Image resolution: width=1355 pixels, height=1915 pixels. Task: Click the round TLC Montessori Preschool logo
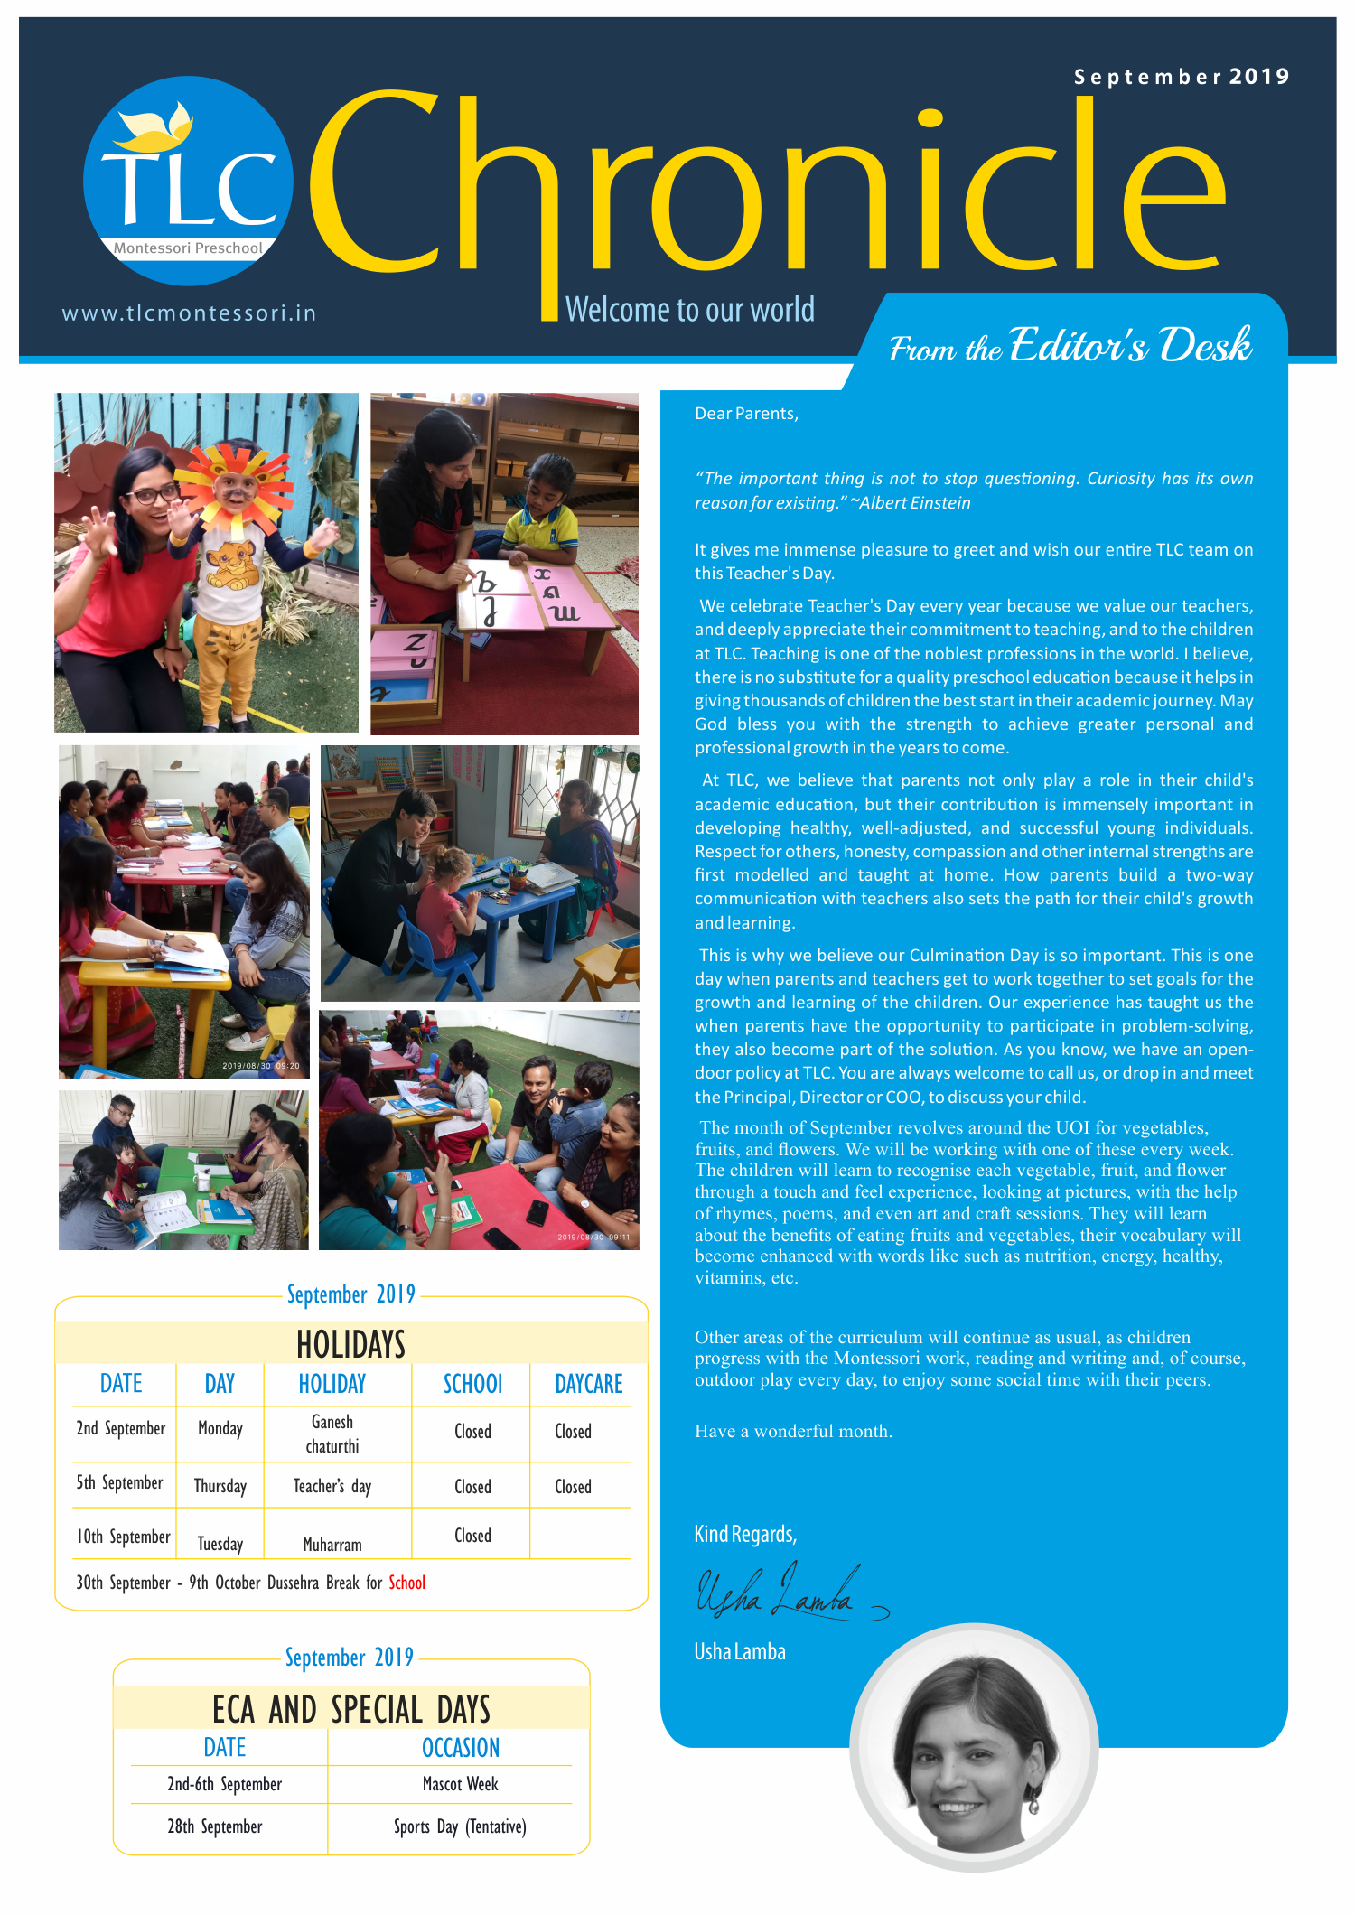pos(188,181)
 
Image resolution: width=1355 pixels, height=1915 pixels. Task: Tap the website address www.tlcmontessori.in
pos(189,313)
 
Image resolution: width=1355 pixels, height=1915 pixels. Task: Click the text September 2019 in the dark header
pos(1181,77)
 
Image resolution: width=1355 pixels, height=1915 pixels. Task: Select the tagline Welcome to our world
pos(689,310)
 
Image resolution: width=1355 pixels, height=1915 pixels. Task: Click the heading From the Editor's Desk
pos(1070,346)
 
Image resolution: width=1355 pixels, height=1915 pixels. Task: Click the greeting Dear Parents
pos(746,414)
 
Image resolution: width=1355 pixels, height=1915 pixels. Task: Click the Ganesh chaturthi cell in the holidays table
pos(332,1434)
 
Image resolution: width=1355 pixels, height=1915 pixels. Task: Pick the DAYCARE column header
pos(588,1384)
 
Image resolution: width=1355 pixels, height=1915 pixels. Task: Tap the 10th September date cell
pos(123,1537)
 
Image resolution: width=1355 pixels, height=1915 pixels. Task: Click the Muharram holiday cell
pos(332,1545)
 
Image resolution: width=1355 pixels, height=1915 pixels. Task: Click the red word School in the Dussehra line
pos(406,1583)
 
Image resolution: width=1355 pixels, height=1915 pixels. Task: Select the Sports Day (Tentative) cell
pos(460,1826)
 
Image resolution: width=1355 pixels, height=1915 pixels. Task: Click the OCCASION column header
pos(460,1748)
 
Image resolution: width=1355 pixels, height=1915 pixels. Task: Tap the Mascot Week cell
pos(460,1784)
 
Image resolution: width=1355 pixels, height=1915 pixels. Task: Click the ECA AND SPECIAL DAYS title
pos(350,1710)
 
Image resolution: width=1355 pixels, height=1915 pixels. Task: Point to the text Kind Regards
pos(745,1534)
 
